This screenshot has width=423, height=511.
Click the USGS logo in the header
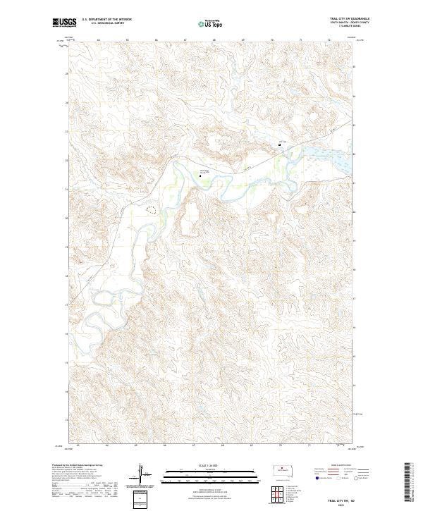coord(63,23)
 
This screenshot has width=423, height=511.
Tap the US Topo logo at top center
coord(211,23)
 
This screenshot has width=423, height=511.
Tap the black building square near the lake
coord(280,146)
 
